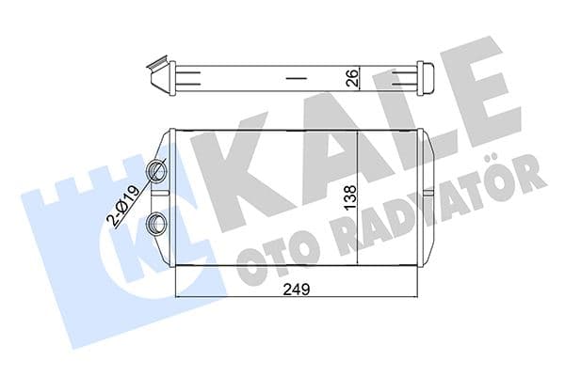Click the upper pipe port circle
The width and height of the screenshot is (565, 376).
[x=156, y=171]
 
